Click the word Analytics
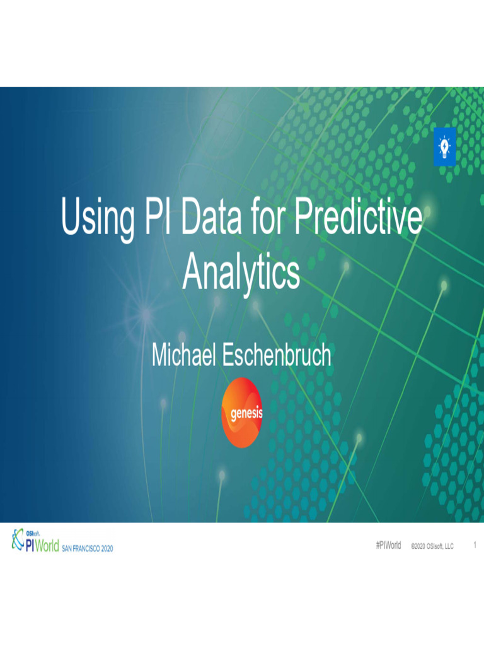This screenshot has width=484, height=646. [x=241, y=273]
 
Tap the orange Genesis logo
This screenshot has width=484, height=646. [x=243, y=413]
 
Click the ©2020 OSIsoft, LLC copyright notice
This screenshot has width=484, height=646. [x=432, y=546]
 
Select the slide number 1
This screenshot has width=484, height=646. [x=474, y=546]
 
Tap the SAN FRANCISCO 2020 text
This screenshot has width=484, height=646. [x=88, y=549]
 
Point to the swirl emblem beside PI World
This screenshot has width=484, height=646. [x=16, y=540]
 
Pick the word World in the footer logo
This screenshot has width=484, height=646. [x=47, y=546]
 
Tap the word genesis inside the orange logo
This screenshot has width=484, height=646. [x=243, y=414]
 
